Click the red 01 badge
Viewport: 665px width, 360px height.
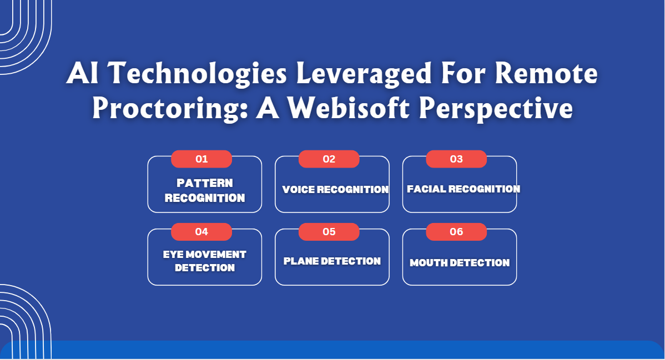201,159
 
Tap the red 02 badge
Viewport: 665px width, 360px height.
329,159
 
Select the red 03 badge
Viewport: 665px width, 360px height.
456,159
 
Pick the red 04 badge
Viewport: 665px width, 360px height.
201,232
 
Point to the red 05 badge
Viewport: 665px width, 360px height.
329,232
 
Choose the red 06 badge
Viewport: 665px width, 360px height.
456,232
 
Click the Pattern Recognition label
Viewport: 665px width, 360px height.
205,190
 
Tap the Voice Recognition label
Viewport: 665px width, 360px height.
335,190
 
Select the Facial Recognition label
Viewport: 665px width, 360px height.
464,189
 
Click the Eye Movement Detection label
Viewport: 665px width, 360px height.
205,261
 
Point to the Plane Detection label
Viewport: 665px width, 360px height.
332,261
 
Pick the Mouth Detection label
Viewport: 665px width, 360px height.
460,263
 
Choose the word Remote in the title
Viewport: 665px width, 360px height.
550,74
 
